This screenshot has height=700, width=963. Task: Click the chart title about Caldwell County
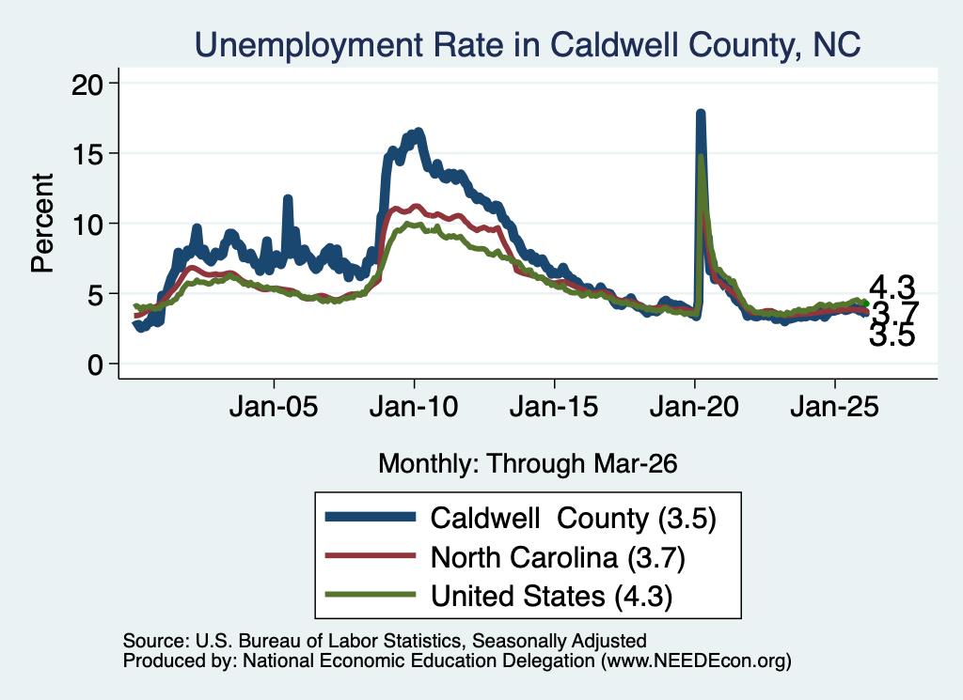(x=528, y=45)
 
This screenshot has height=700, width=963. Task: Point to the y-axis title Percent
(x=42, y=223)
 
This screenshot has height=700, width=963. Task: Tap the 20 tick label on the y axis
(x=87, y=84)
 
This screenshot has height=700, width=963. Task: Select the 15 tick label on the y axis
(x=87, y=153)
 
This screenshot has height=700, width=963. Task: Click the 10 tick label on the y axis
(x=87, y=224)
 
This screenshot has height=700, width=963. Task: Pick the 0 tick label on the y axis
(x=95, y=365)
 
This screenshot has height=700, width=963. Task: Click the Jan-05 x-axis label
(x=274, y=406)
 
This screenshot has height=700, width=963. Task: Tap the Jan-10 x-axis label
(x=414, y=406)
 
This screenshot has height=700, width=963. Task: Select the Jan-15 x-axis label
(x=554, y=406)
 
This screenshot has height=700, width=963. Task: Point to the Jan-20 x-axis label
(x=695, y=406)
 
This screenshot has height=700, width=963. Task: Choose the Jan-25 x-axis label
(x=835, y=406)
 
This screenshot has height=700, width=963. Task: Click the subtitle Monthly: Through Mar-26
(x=528, y=463)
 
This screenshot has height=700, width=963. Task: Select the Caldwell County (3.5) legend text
(x=574, y=519)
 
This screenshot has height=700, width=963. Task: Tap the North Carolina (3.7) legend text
(x=558, y=557)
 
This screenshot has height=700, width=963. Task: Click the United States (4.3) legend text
(x=551, y=596)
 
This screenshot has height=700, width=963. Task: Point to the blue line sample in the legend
(x=371, y=517)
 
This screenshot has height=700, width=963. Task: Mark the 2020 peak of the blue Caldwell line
(x=700, y=113)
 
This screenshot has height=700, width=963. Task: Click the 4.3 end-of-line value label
(x=892, y=288)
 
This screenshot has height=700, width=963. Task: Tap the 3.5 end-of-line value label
(x=892, y=335)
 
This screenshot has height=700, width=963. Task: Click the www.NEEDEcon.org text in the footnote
(x=696, y=661)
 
